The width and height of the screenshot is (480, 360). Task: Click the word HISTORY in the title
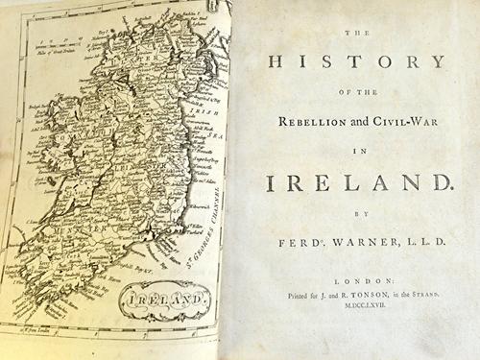click(x=360, y=64)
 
